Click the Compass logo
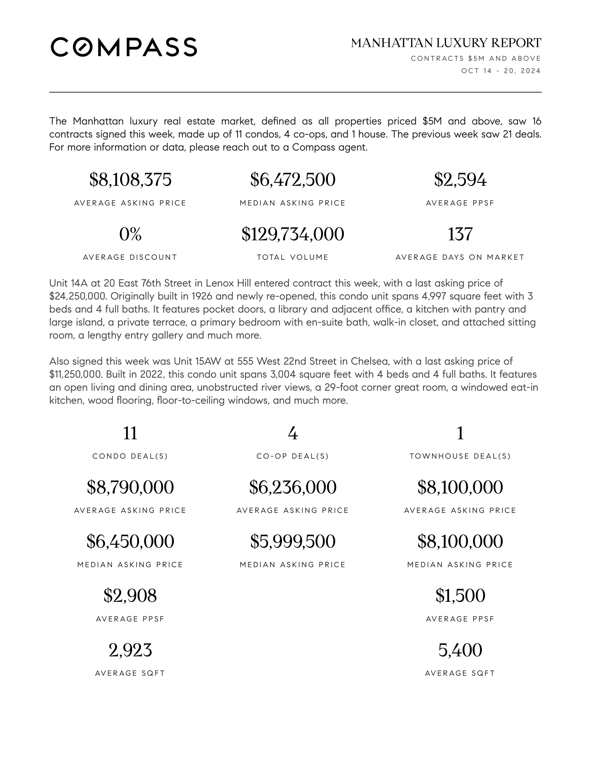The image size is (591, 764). coord(124,47)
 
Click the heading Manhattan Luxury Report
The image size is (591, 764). coord(446,43)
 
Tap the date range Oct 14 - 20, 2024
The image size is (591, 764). coord(501,71)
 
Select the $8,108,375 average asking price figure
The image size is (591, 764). coord(130,180)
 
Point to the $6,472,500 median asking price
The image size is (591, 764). coord(293,180)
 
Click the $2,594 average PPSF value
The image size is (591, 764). coord(460,180)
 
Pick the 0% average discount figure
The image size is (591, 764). coord(130,234)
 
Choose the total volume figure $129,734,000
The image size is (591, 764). coord(293,234)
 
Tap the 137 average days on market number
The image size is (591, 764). coord(460,234)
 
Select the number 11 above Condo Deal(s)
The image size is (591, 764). coord(130,433)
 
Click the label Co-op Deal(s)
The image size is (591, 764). coord(293,456)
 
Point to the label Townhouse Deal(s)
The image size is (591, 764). coord(460,456)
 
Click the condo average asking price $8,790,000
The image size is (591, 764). coord(130,487)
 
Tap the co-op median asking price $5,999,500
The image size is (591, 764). coord(293,541)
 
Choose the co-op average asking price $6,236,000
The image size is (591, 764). coord(293,487)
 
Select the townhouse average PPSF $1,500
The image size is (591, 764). coord(460,596)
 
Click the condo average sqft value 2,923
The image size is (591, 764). coord(130,650)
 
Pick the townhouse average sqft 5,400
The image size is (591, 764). coord(460,650)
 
